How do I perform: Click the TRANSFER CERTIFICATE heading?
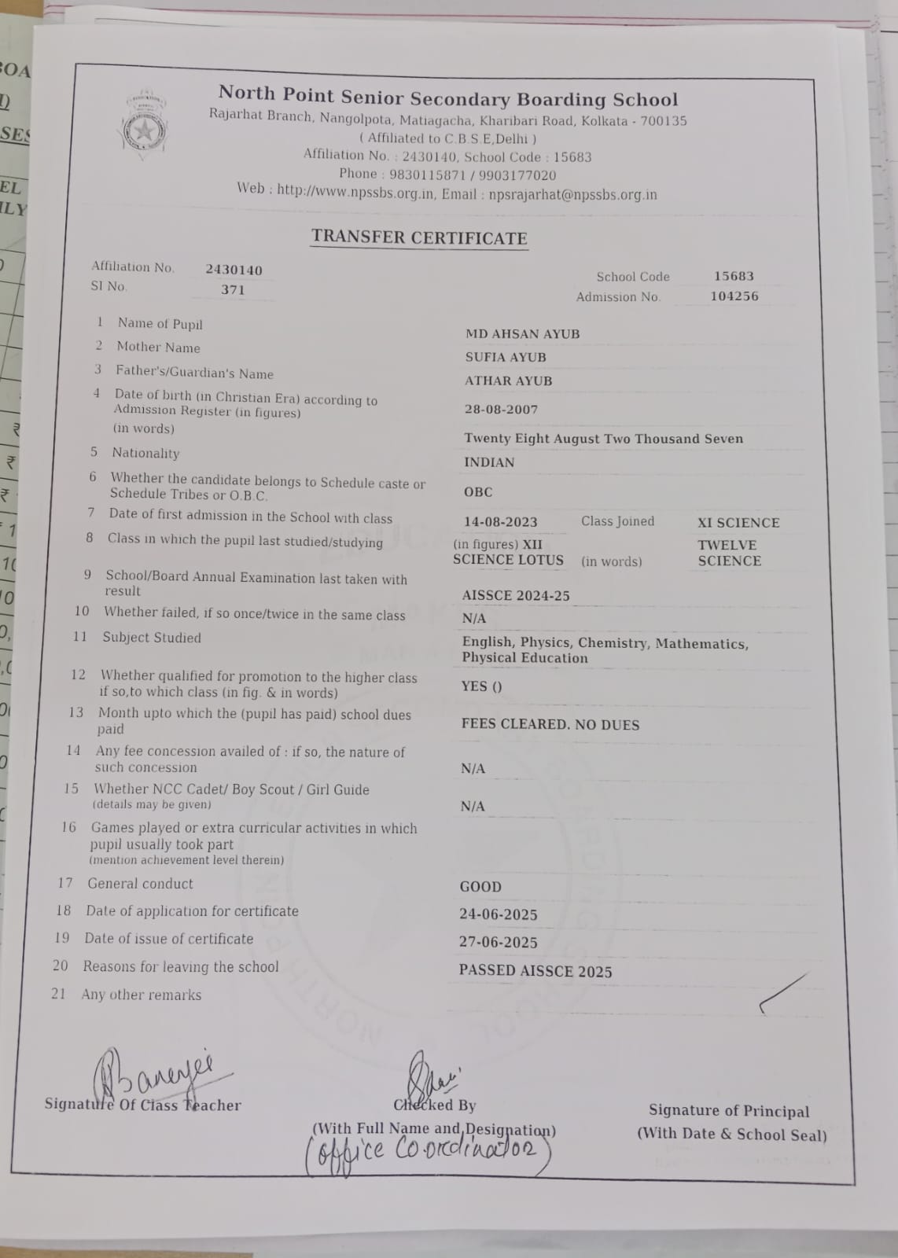click(419, 237)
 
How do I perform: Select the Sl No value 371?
click(233, 289)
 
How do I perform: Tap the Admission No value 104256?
click(734, 296)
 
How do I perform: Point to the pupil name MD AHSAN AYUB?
click(522, 333)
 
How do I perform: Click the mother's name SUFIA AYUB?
click(505, 357)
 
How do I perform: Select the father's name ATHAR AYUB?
click(508, 381)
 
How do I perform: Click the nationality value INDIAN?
click(489, 462)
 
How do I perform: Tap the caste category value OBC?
click(478, 492)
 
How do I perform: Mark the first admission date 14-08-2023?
click(500, 521)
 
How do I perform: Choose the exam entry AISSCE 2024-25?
click(516, 595)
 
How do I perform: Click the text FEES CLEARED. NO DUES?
click(550, 724)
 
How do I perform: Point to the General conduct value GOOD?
click(480, 886)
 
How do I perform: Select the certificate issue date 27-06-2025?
click(498, 942)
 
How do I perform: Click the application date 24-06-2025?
click(498, 914)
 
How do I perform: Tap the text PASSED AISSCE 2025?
click(535, 971)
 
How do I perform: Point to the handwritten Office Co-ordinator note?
click(429, 1152)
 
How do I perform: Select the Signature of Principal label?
click(728, 1110)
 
